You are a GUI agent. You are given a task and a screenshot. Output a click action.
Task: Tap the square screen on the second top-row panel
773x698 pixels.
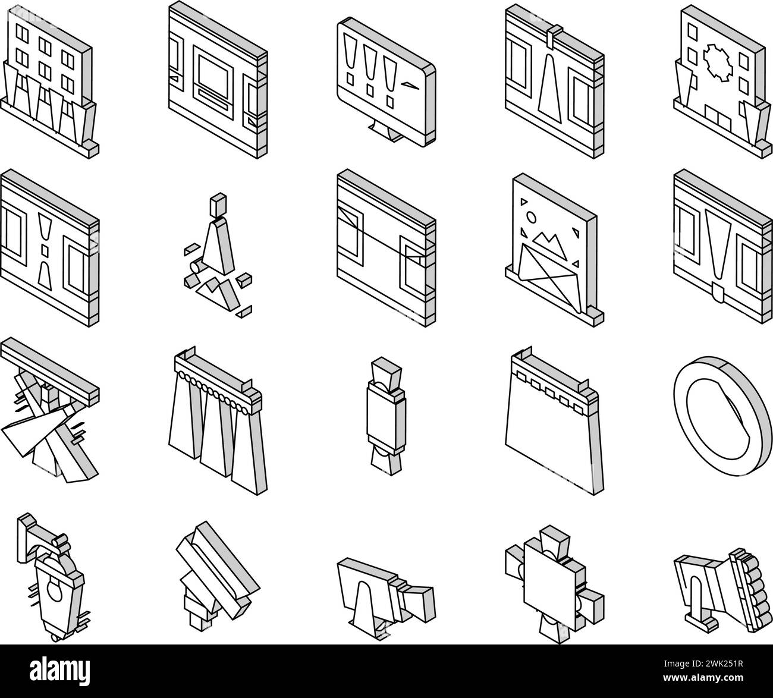coord(213,77)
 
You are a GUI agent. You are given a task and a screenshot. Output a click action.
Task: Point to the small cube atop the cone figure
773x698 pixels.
coord(218,204)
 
